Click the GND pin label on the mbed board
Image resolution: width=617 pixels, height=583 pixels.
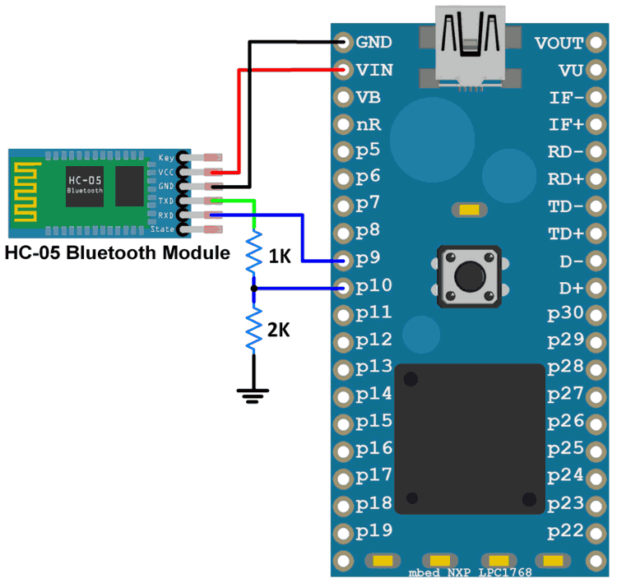[x=374, y=42]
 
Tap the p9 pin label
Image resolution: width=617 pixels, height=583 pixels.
[x=369, y=259]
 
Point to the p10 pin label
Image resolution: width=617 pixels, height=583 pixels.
[x=373, y=286]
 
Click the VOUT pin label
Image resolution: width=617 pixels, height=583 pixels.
[x=559, y=42]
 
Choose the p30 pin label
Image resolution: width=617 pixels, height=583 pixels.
[x=565, y=312]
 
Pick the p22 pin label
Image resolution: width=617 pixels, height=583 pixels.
[x=565, y=530]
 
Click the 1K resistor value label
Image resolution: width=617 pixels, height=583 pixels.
[x=280, y=257]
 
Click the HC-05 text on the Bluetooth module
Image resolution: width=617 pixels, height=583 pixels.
[x=85, y=180]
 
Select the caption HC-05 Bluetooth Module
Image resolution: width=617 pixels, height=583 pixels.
[x=117, y=252]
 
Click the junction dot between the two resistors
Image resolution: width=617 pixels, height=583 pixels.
[x=253, y=288]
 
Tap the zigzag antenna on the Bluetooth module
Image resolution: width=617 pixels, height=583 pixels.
[x=27, y=192]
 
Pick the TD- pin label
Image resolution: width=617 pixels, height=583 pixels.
[x=565, y=205]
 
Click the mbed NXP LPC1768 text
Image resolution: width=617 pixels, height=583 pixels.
[x=470, y=572]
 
